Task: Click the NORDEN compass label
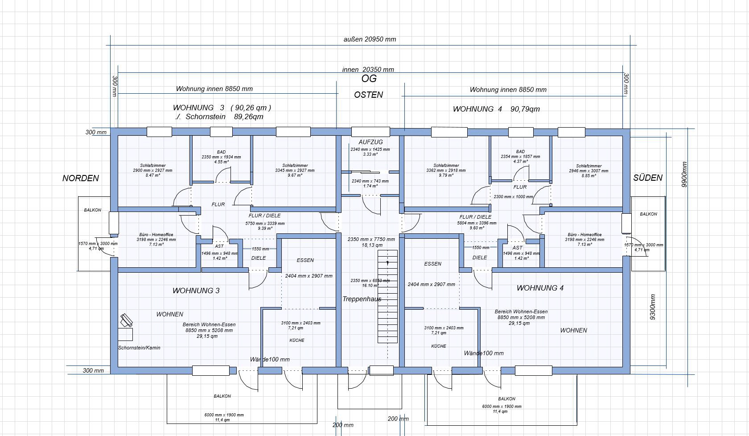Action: tap(81, 178)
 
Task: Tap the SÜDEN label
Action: tap(648, 178)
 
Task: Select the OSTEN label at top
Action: tap(368, 95)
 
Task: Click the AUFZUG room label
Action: tap(370, 142)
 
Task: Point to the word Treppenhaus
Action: tap(362, 299)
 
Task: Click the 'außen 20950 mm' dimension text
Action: tap(370, 39)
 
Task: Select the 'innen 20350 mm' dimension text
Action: tap(368, 70)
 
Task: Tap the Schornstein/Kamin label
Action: tap(139, 348)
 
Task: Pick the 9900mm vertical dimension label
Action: tap(685, 174)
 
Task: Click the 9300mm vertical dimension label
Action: tap(653, 307)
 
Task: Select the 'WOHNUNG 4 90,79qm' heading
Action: tap(496, 109)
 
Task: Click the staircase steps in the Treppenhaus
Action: tap(387, 297)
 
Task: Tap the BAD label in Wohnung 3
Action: tap(221, 152)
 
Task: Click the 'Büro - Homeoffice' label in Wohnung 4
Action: tap(584, 235)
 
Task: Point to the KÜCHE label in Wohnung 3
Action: tap(297, 340)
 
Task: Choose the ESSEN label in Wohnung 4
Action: tap(432, 264)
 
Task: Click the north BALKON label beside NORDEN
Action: tap(93, 210)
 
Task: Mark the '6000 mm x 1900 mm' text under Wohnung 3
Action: tap(224, 415)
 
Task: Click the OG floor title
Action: tap(369, 79)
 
